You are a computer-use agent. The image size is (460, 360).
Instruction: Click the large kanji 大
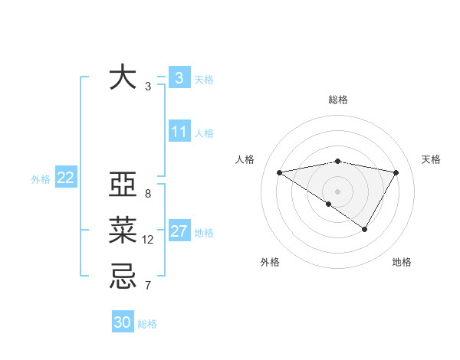[123, 77]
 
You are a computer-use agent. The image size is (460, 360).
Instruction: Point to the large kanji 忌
[123, 275]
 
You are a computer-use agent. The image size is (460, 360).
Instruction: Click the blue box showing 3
[179, 77]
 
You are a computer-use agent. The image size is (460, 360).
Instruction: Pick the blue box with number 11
[179, 132]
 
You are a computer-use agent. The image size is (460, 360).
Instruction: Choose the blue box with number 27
[179, 231]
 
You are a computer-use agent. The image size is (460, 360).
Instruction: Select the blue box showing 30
[123, 322]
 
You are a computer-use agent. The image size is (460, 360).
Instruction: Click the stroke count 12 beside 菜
[148, 240]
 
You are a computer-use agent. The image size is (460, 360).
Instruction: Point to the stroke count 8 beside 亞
[147, 194]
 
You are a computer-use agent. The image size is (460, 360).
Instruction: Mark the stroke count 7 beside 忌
[147, 286]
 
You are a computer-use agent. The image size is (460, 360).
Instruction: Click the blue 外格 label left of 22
[41, 179]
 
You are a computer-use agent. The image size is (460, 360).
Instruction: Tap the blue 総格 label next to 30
[147, 324]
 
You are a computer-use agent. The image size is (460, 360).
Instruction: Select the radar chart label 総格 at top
[338, 100]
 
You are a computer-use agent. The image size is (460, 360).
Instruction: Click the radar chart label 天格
[431, 159]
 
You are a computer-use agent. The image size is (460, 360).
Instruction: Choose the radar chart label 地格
[402, 262]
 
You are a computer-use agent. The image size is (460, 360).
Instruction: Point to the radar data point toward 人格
[280, 172]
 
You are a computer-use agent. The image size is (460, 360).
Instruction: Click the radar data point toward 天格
[396, 172]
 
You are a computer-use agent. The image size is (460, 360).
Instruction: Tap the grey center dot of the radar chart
[337, 191]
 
